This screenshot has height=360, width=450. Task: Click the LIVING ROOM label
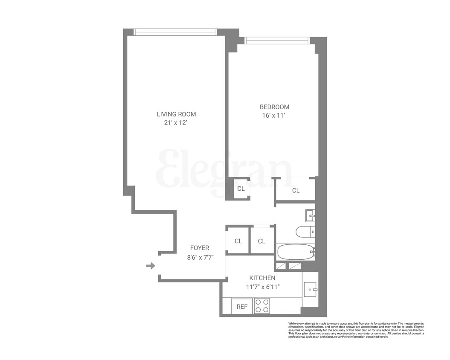[176, 114]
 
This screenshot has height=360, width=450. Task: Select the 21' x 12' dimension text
[176, 123]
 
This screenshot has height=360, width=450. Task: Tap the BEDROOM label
[274, 107]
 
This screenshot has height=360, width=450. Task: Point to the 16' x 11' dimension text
[274, 116]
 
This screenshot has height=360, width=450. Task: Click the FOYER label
[200, 248]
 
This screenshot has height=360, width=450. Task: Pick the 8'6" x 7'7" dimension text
[200, 257]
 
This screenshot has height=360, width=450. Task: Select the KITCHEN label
[262, 278]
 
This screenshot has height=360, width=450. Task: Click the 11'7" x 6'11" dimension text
[262, 287]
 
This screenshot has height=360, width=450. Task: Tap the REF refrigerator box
[242, 306]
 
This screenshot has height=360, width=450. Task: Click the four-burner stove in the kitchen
[262, 306]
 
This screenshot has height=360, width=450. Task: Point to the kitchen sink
[310, 290]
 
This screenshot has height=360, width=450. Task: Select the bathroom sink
[310, 215]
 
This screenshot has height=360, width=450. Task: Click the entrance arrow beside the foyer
[151, 266]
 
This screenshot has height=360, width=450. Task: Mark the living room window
[175, 32]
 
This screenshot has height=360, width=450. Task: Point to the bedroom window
[276, 41]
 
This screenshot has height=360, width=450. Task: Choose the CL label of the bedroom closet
[296, 190]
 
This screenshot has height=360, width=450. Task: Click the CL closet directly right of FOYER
[238, 241]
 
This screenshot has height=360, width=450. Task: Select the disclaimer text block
[356, 330]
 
